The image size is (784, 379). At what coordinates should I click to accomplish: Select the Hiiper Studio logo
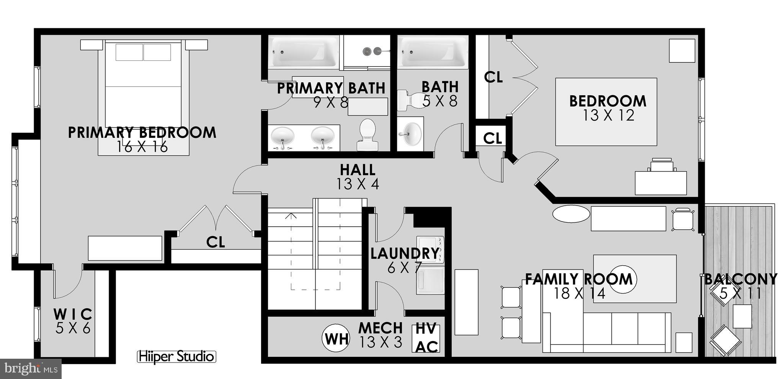176,356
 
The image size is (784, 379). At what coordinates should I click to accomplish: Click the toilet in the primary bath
367,134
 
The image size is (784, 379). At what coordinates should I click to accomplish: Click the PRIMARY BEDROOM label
142,132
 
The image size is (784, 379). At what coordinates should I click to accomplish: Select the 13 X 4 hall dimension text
358,184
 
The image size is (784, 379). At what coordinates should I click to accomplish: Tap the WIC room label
73,314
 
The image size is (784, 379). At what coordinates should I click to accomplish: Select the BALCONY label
741,279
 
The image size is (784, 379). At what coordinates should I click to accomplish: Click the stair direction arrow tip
291,214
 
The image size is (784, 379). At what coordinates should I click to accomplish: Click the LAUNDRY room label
404,253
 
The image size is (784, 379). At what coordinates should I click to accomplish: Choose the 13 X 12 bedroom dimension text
608,115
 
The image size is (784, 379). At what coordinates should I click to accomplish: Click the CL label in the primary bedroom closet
216,242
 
